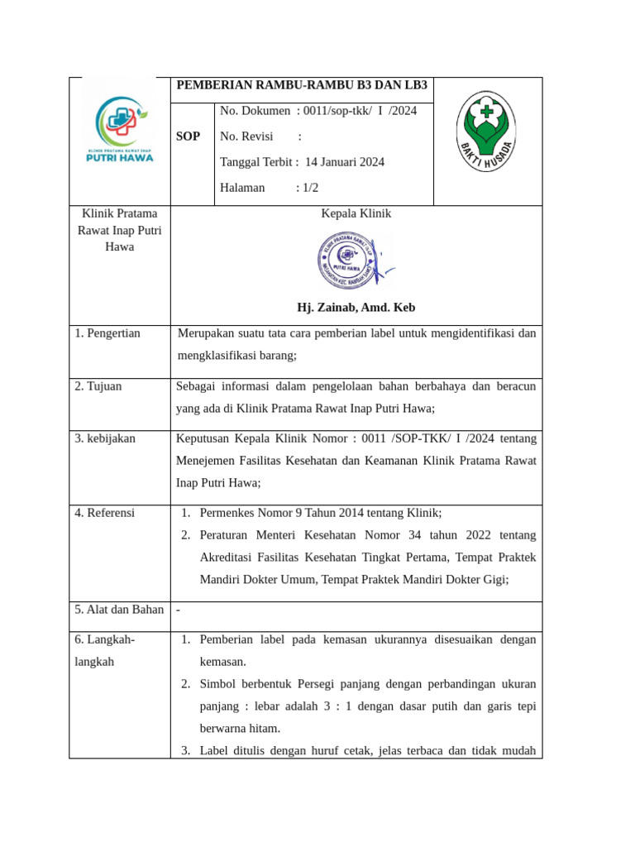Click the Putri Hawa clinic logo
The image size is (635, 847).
click(x=120, y=130)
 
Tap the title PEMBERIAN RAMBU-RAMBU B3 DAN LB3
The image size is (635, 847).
click(x=302, y=86)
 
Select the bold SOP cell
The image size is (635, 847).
click(x=188, y=136)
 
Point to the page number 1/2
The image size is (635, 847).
click(x=310, y=188)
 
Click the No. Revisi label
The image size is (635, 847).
click(x=247, y=136)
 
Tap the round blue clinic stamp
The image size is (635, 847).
click(x=348, y=261)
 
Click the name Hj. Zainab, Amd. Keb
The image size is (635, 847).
click(x=356, y=308)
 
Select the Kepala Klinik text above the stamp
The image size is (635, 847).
click(x=356, y=213)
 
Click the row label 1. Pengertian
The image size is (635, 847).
click(x=107, y=333)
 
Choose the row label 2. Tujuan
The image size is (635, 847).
click(x=98, y=386)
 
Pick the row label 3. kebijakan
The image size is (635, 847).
click(x=105, y=438)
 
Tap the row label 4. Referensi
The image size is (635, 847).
click(x=104, y=513)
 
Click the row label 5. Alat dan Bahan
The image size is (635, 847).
click(x=119, y=610)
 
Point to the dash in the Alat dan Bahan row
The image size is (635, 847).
click(x=179, y=610)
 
